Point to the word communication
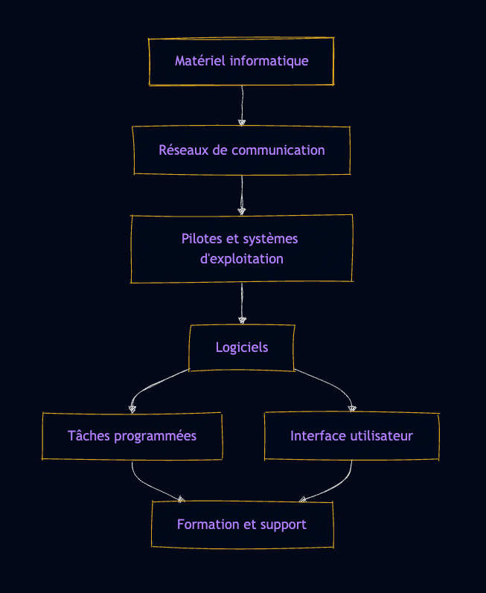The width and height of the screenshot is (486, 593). click(x=278, y=150)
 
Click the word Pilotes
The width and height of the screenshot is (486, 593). click(x=202, y=239)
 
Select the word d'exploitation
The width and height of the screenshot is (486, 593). click(x=242, y=260)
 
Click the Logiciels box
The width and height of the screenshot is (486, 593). click(x=242, y=347)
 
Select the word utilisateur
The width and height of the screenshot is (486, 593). click(x=380, y=436)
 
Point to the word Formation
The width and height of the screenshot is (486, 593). click(x=208, y=525)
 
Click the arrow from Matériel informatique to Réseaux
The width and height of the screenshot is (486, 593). click(x=242, y=104)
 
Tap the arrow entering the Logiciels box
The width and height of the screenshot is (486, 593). click(x=242, y=304)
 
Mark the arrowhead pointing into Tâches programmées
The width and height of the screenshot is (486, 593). click(x=132, y=408)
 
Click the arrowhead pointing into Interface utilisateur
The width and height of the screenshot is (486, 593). click(x=352, y=408)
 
